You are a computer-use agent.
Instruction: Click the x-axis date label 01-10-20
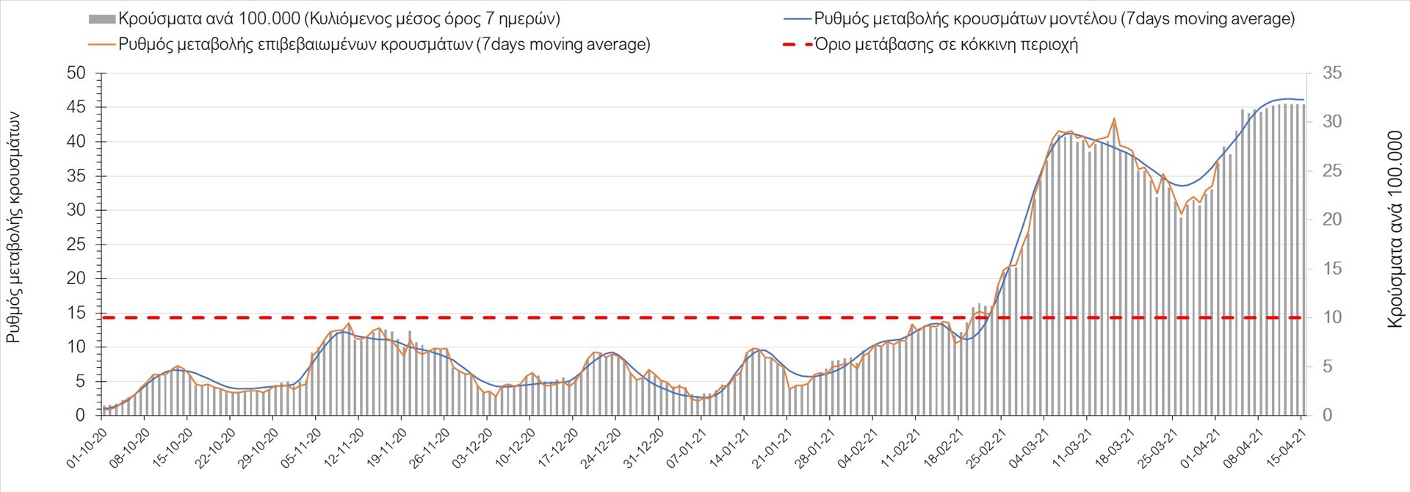tap(87, 449)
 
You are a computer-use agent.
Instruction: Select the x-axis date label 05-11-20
tap(301, 449)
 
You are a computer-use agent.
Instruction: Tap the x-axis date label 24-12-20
tap(601, 449)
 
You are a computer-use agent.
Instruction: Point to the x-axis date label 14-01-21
tap(729, 449)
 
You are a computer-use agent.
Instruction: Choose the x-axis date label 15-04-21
tap(1286, 449)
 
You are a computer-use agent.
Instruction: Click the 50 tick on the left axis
tap(76, 73)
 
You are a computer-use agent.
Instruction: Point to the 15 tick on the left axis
tap(76, 313)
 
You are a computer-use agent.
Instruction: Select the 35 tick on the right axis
tap(1332, 73)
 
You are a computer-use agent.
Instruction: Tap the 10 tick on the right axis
tap(1332, 317)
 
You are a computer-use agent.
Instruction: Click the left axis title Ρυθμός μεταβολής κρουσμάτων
tap(14, 228)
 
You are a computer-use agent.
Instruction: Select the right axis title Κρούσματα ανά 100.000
tap(1395, 229)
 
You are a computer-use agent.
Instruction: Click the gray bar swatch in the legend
tap(102, 19)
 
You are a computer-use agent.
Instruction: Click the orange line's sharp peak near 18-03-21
tap(1114, 118)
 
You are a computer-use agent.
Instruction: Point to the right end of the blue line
tap(1304, 99)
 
